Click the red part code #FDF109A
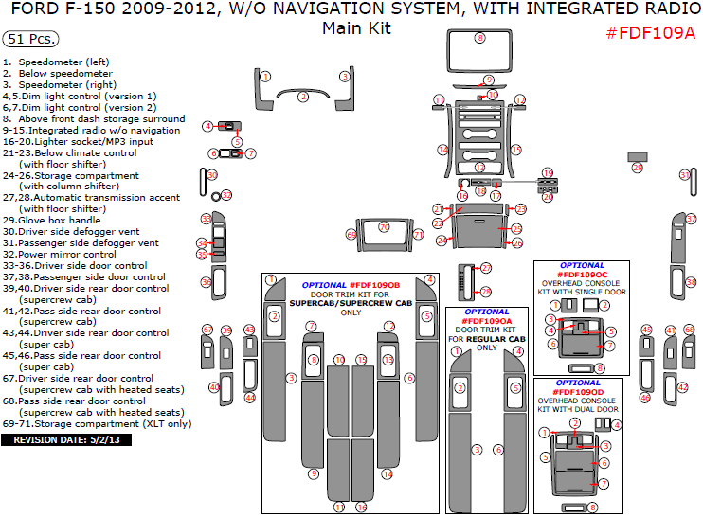[x=650, y=33]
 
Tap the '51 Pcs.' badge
[x=30, y=40]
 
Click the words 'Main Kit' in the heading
[x=356, y=28]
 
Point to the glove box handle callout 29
[x=637, y=168]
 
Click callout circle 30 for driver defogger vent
[x=212, y=175]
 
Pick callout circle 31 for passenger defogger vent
[x=684, y=175]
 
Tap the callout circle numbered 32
[x=226, y=195]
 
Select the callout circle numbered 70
[x=384, y=227]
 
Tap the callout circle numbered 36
[x=206, y=281]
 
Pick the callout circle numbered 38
[x=691, y=281]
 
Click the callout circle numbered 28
[x=486, y=292]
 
